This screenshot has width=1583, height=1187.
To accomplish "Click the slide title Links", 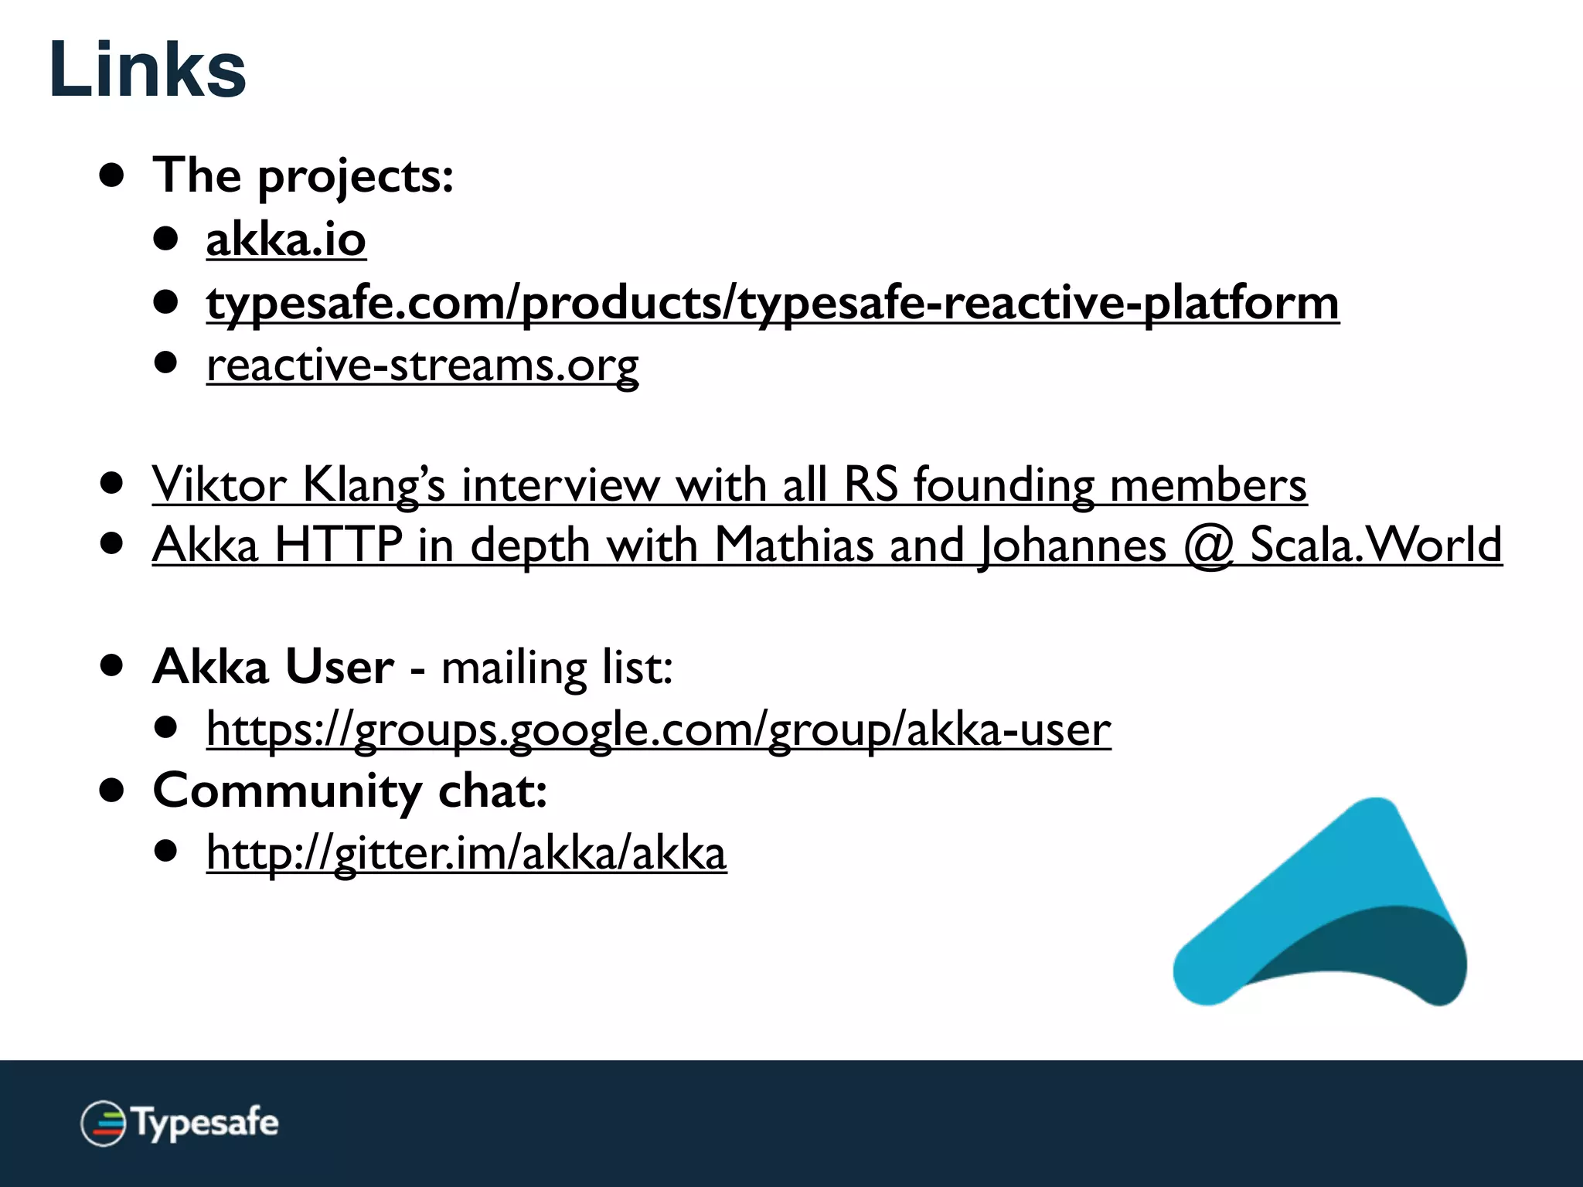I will pyautogui.click(x=147, y=70).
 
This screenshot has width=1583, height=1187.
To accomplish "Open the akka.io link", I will pyautogui.click(x=285, y=240).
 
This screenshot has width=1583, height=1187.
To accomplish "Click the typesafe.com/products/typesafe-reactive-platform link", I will pyautogui.click(x=771, y=303).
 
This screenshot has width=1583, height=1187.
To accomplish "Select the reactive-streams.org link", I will pyautogui.click(x=422, y=365).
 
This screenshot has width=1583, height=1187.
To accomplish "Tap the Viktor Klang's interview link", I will pyautogui.click(x=728, y=485).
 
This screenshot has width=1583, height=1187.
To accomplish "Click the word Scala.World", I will pyautogui.click(x=1376, y=546).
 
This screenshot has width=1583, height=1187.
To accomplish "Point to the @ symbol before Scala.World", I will pyautogui.click(x=1208, y=546).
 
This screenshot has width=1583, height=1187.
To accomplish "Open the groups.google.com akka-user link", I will pyautogui.click(x=658, y=730).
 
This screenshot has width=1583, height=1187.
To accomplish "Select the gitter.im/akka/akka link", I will pyautogui.click(x=466, y=853).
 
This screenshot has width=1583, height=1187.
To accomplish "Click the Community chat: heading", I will pyautogui.click(x=349, y=791).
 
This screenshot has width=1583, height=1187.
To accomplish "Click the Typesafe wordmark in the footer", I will pyautogui.click(x=206, y=1122).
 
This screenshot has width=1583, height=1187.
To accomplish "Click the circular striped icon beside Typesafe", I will pyautogui.click(x=103, y=1123).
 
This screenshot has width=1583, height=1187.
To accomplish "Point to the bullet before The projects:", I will pyautogui.click(x=112, y=175).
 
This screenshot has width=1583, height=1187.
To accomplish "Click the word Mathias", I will pyautogui.click(x=794, y=546).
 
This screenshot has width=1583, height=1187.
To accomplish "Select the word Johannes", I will pyautogui.click(x=1073, y=546).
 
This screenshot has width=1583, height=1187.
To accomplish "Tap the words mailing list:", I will pyautogui.click(x=557, y=668).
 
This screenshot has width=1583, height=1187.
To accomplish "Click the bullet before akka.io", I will pyautogui.click(x=165, y=238).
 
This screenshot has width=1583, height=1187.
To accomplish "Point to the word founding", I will pyautogui.click(x=1003, y=485).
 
